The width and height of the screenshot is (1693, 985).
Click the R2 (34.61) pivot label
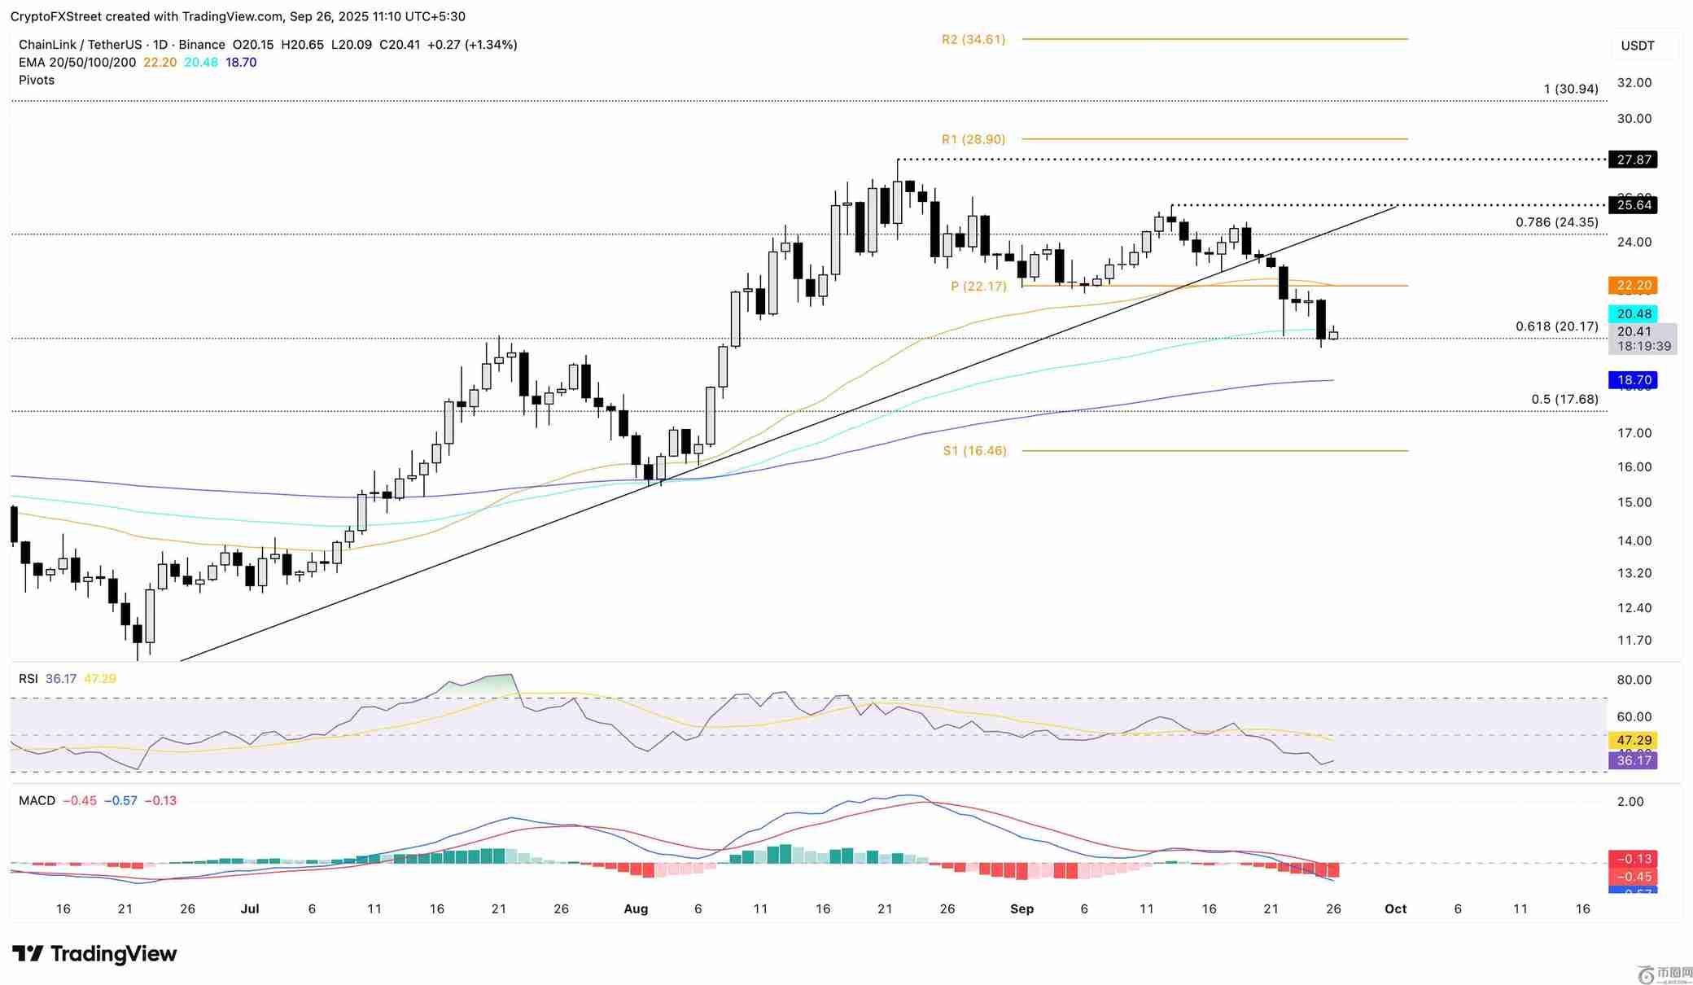pyautogui.click(x=973, y=39)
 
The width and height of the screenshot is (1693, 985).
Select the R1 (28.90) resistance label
pyautogui.click(x=973, y=139)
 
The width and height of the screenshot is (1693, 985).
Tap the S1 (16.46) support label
pyautogui.click(x=974, y=450)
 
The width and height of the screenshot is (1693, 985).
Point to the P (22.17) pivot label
pyautogui.click(x=978, y=286)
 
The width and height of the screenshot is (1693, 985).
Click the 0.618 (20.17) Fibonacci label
pyautogui.click(x=1556, y=326)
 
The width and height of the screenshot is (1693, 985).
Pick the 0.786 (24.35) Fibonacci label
pyautogui.click(x=1556, y=222)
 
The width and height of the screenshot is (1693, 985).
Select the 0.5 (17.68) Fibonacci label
pyautogui.click(x=1564, y=399)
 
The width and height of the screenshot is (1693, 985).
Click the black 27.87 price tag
pyautogui.click(x=1634, y=160)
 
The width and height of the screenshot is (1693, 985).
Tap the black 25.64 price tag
pyautogui.click(x=1634, y=205)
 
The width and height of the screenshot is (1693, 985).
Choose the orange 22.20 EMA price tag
pyautogui.click(x=1634, y=285)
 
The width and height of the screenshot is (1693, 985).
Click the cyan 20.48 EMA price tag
pyautogui.click(x=1634, y=313)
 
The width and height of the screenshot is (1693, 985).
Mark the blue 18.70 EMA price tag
pyautogui.click(x=1634, y=380)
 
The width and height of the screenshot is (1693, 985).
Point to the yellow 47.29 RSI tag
pyautogui.click(x=1634, y=740)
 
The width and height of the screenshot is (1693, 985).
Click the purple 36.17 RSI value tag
pyautogui.click(x=1634, y=760)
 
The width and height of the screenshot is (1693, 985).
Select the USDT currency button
pyautogui.click(x=1637, y=46)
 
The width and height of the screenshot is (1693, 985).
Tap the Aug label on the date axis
pyautogui.click(x=636, y=908)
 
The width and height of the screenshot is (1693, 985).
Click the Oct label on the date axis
pyautogui.click(x=1395, y=908)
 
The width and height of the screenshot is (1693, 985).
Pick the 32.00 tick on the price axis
pyautogui.click(x=1634, y=82)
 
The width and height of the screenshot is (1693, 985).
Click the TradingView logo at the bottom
pyautogui.click(x=94, y=953)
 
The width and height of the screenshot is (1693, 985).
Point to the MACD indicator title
pyautogui.click(x=37, y=800)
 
